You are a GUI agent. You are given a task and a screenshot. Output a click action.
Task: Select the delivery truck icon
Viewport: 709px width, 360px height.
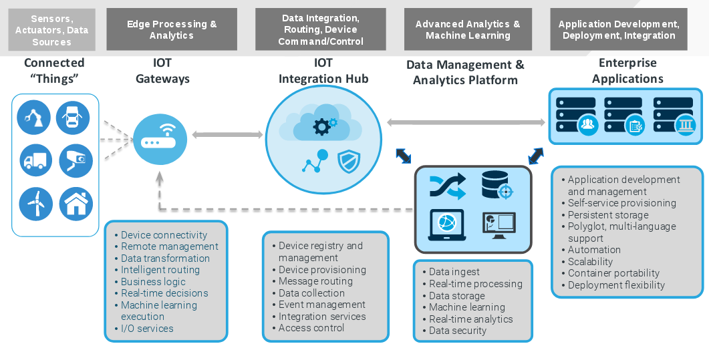point(35,160)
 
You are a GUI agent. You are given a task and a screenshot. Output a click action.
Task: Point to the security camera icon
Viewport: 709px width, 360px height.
point(76,160)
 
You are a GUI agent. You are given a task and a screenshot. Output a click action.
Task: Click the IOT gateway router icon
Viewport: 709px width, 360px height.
point(160,138)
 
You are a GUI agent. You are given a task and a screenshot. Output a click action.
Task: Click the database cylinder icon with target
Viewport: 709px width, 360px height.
point(496,185)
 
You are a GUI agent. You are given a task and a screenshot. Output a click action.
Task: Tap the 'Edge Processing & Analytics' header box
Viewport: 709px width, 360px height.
point(172,29)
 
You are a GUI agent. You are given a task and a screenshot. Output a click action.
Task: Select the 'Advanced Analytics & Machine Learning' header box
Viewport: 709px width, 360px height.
point(468,29)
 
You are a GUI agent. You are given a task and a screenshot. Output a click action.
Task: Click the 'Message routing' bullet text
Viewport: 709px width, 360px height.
point(315,281)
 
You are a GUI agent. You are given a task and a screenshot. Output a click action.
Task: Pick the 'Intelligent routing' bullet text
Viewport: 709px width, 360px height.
point(160,270)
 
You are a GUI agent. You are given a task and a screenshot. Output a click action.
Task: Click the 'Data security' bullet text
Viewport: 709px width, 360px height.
point(457,331)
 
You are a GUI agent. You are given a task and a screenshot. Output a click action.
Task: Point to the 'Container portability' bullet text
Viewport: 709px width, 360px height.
point(613,273)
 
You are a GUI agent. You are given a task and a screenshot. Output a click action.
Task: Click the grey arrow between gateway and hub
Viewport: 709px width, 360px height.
point(228,135)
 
